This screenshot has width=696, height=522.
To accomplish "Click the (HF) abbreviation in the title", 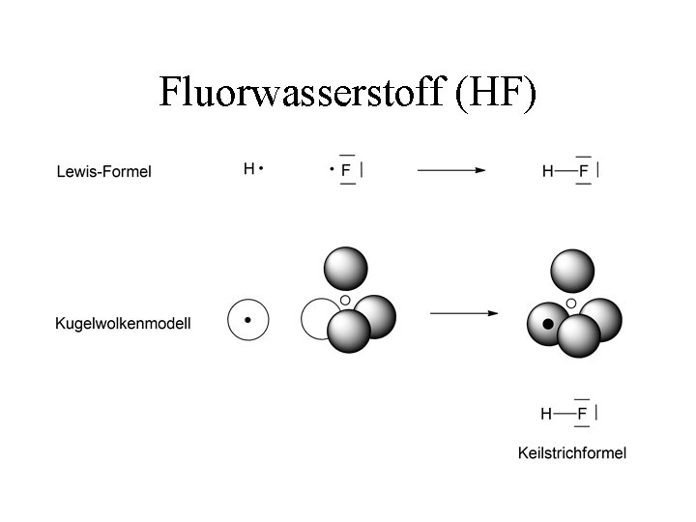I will point(492,92).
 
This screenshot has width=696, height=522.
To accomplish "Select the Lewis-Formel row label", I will point(103,172).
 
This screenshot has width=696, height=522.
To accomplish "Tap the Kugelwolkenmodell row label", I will point(123,324).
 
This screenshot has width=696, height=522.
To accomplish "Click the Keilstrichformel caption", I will point(572,452).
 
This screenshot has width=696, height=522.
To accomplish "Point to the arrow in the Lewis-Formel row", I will point(451,170).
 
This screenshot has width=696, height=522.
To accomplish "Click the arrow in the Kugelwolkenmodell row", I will point(464,313).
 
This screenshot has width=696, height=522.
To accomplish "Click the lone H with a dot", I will point(249,169).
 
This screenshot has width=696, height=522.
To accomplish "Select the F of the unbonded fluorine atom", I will point(346,170).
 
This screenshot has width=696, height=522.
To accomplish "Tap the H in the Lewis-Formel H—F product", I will point(548,171).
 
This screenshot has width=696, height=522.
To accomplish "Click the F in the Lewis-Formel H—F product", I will point(582,171).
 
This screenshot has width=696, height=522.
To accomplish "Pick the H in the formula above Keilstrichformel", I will point(546,414).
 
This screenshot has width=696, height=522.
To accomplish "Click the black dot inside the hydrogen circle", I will point(248,319).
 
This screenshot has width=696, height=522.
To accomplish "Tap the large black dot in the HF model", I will point(548,325).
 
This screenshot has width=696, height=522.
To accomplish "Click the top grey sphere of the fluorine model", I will point(345,269).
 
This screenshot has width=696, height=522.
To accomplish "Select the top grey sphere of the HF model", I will point(571,271).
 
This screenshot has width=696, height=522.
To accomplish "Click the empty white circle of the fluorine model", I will point(318,318).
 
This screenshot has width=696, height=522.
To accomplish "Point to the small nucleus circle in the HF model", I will point(571,304).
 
